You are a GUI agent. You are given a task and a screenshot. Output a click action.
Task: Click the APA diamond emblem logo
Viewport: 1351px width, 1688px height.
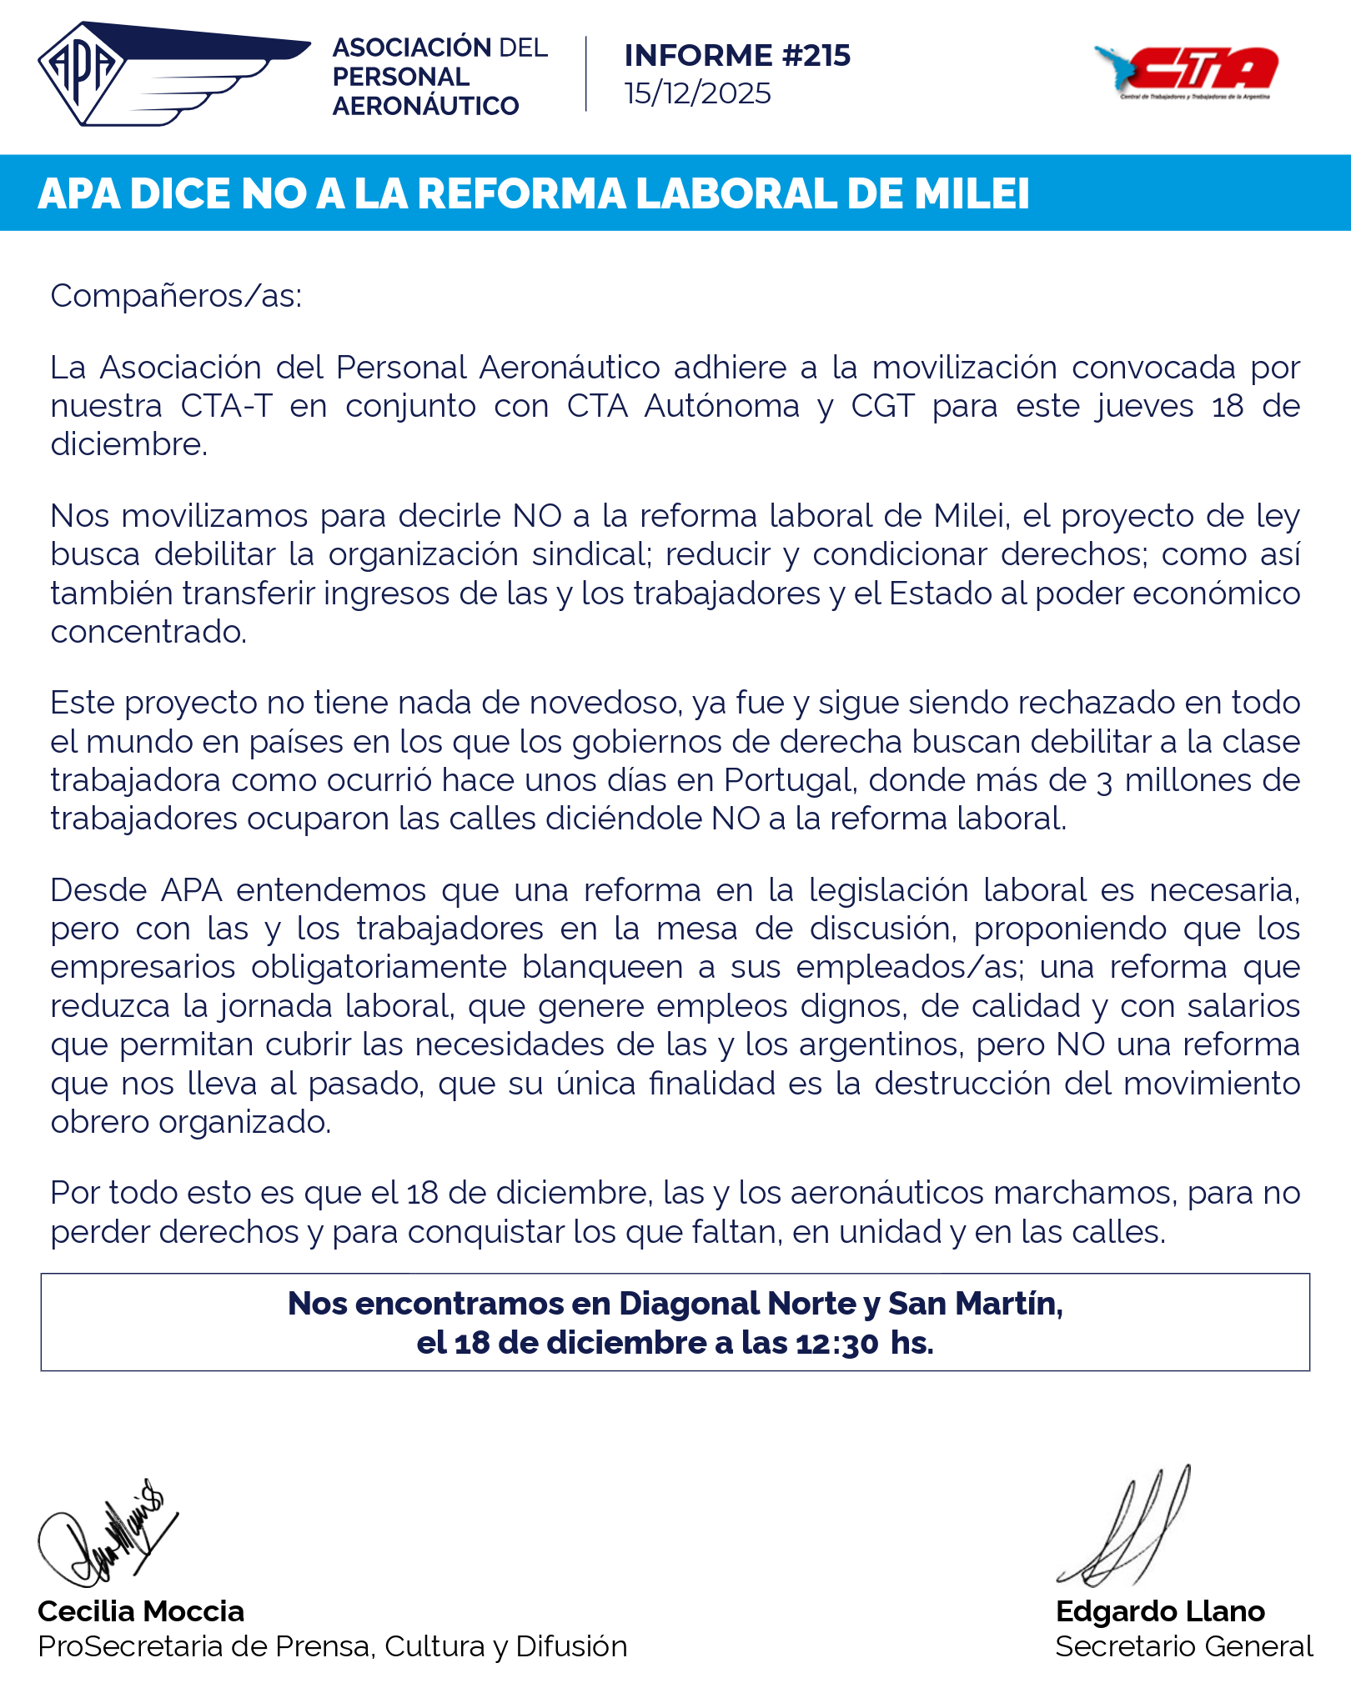click(x=82, y=73)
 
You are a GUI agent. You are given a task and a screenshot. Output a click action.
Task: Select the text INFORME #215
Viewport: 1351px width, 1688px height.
click(x=737, y=56)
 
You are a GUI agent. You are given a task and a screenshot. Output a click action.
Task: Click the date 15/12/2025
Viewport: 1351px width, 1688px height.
click(x=697, y=93)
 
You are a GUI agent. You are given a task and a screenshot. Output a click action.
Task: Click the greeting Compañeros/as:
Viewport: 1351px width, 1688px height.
click(x=176, y=296)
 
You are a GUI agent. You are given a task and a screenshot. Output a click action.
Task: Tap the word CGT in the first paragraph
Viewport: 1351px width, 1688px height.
click(x=882, y=406)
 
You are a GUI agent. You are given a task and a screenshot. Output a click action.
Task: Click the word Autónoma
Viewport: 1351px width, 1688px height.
click(x=721, y=406)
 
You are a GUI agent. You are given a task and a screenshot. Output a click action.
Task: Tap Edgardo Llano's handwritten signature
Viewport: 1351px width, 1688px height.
click(x=1126, y=1530)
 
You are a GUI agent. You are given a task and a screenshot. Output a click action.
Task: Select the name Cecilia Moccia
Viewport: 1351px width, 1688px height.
click(x=141, y=1611)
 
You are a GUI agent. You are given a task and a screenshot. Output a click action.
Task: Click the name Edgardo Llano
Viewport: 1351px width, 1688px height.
click(x=1160, y=1611)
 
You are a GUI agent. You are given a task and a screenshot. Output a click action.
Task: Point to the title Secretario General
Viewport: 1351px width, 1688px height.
click(x=1183, y=1646)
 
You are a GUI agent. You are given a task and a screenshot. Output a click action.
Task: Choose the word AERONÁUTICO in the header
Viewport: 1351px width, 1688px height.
click(x=425, y=106)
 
